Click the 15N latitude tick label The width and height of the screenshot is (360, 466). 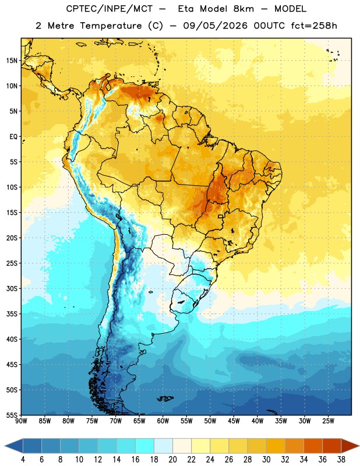[12, 61]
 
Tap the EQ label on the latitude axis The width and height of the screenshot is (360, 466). [13, 137]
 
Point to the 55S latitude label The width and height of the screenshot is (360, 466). [12, 415]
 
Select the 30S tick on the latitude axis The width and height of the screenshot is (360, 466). [12, 288]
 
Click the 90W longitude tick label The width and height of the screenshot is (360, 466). [21, 421]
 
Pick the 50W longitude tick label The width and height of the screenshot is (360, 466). [210, 421]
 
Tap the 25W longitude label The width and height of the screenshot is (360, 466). [328, 421]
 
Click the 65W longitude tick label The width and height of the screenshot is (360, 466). [139, 421]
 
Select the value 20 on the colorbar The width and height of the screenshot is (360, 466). [172, 460]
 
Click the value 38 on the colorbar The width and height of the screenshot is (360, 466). [341, 460]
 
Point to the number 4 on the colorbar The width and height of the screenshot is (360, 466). [23, 460]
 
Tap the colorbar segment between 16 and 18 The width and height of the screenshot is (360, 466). [145, 446]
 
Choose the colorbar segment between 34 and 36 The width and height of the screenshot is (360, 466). [313, 446]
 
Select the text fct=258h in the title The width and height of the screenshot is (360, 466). [314, 26]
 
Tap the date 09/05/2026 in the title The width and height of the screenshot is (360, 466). [215, 26]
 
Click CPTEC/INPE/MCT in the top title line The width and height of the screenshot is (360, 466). [110, 9]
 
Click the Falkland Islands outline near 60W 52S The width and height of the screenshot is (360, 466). [165, 398]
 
